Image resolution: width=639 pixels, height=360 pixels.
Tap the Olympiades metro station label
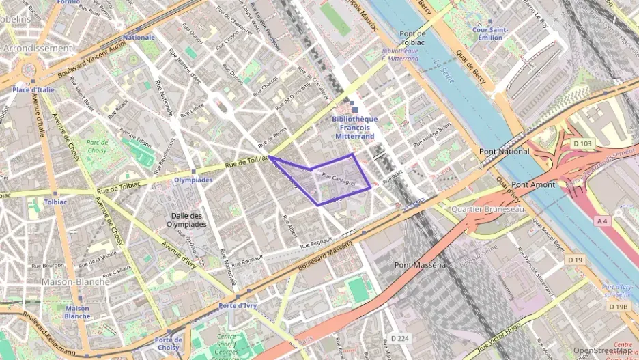click(193, 180)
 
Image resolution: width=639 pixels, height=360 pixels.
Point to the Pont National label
click(504, 151)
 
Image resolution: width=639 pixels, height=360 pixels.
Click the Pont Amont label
click(533, 184)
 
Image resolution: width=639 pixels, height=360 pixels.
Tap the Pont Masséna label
click(421, 264)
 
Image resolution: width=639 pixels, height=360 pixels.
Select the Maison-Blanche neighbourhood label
click(76, 281)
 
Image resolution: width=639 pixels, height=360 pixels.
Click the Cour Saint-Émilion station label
click(487, 33)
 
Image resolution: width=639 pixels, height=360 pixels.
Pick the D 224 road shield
click(401, 338)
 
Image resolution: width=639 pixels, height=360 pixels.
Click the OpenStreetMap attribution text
click(604, 351)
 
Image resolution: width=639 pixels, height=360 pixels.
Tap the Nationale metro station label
click(139, 38)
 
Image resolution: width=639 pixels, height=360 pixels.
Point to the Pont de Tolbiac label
click(413, 38)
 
